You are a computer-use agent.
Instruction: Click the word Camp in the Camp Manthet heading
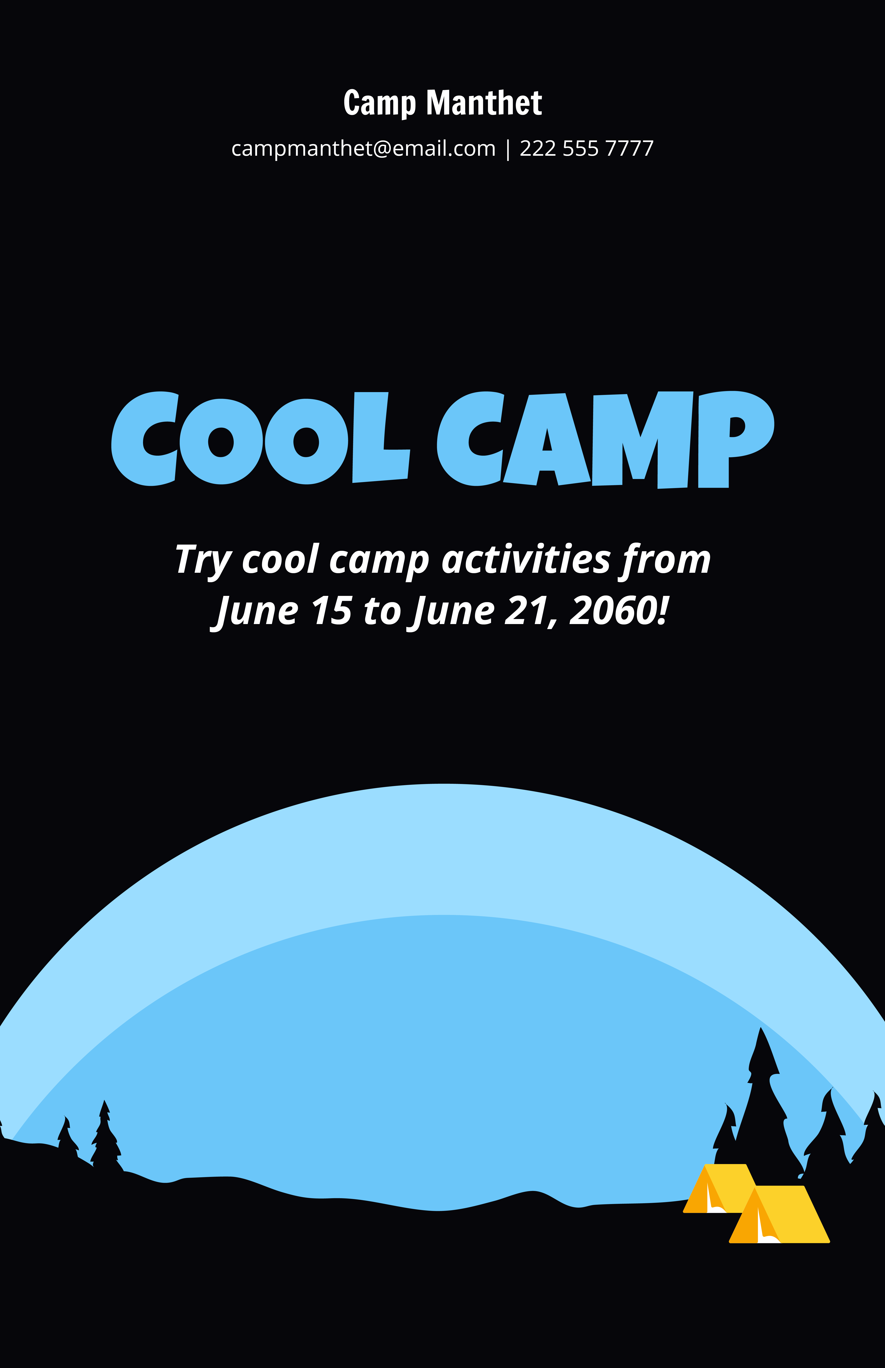379,103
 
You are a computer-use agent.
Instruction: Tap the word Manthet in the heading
484,103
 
